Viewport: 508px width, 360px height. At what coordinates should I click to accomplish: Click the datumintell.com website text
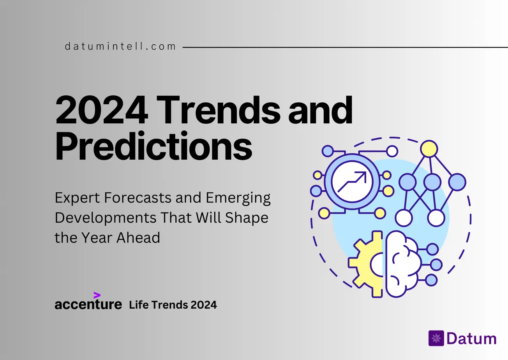click(x=120, y=47)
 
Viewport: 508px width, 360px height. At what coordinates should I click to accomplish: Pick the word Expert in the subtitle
click(x=77, y=198)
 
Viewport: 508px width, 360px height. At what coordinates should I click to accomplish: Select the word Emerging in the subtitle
click(x=238, y=198)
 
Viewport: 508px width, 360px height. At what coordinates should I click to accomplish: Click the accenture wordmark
click(x=88, y=304)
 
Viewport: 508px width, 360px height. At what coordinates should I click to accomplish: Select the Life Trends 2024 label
click(x=173, y=305)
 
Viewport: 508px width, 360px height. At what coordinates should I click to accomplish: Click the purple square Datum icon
click(x=436, y=338)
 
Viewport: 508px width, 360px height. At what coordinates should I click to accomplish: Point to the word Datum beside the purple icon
click(x=471, y=339)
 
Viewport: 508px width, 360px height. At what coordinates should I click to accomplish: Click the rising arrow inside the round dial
click(x=352, y=182)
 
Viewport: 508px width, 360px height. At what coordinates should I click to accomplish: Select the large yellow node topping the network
click(x=429, y=149)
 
